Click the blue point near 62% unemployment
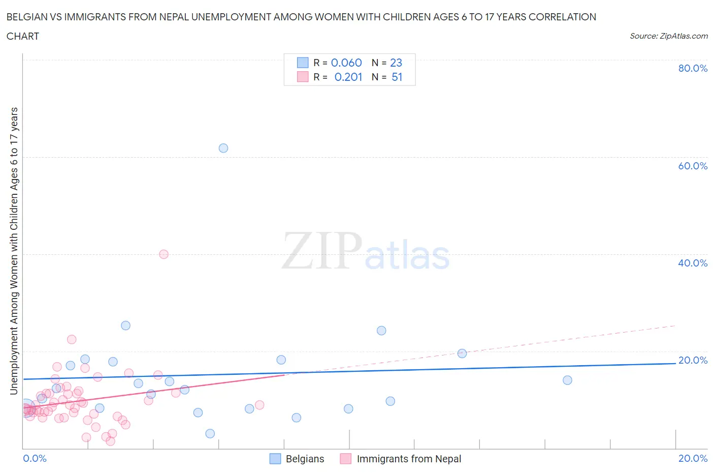coord(223,148)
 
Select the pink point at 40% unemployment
coord(164,254)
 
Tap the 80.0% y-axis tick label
coord(692,68)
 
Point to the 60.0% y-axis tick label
coord(692,166)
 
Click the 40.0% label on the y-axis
coord(692,263)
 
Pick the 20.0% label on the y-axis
coord(692,360)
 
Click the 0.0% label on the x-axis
coord(35,458)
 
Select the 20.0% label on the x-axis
coord(692,458)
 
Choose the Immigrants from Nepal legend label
coord(409,459)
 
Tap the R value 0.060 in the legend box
coord(346,63)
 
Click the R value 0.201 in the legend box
coord(348,77)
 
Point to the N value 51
coord(397,77)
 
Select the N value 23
coord(396,63)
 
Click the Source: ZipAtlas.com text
coord(668,36)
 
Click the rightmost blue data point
coord(567,380)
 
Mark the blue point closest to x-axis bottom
coord(210,433)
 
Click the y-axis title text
coord(14,251)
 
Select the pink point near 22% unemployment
coord(72,339)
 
